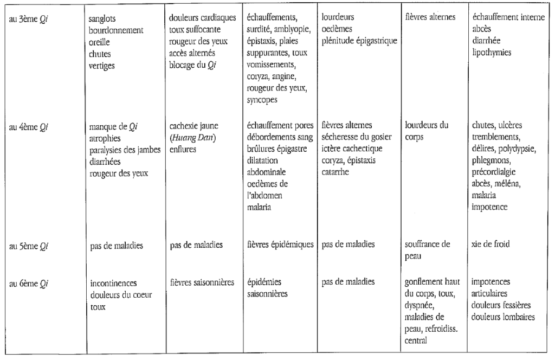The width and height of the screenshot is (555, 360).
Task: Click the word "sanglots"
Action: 101,18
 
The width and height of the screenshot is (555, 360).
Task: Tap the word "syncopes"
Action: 262,100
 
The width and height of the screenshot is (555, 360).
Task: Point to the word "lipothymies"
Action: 492,54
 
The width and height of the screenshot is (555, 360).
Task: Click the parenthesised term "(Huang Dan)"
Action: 192,138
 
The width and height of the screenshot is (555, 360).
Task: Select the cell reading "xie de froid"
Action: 491,245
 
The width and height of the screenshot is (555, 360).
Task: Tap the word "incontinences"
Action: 113,282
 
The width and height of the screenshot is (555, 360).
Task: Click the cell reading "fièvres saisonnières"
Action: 201,282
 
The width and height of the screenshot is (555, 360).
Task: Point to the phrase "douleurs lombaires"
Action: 503,318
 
